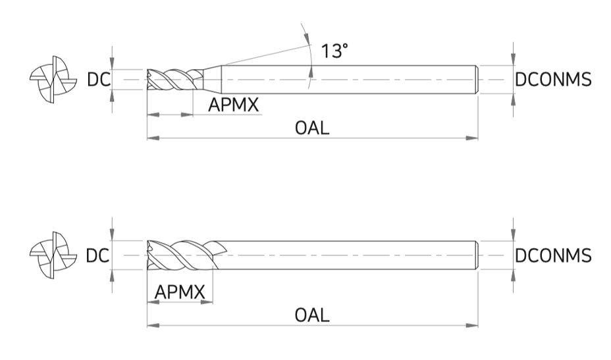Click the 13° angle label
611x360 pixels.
tap(334, 51)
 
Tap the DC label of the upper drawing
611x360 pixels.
tap(99, 80)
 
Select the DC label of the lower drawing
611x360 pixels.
tap(97, 256)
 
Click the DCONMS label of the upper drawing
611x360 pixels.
tap(553, 80)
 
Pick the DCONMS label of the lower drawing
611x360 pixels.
tap(553, 256)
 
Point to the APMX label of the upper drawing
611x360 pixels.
tap(234, 105)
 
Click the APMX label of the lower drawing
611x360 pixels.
tap(180, 292)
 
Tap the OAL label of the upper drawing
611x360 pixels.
tap(312, 128)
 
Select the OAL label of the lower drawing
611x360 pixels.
tap(312, 315)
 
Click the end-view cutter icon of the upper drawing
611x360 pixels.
tap(53, 80)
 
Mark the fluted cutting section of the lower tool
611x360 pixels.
tap(183, 255)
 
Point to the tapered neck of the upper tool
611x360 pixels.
tap(213, 80)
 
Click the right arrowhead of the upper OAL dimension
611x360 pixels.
tap(472, 138)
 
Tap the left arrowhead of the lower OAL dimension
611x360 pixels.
tap(153, 325)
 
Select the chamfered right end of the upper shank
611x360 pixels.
tap(477, 80)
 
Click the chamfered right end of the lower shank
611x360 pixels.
tap(477, 255)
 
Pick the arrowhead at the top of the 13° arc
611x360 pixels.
tap(307, 38)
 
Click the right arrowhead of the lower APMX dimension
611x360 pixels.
tap(207, 301)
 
